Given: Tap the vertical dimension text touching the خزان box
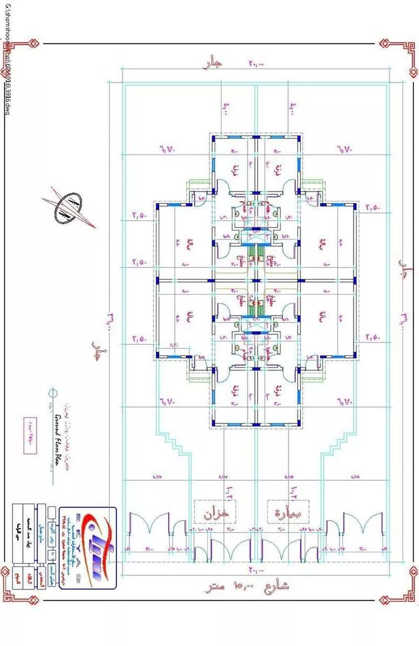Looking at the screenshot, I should click(228, 495).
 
